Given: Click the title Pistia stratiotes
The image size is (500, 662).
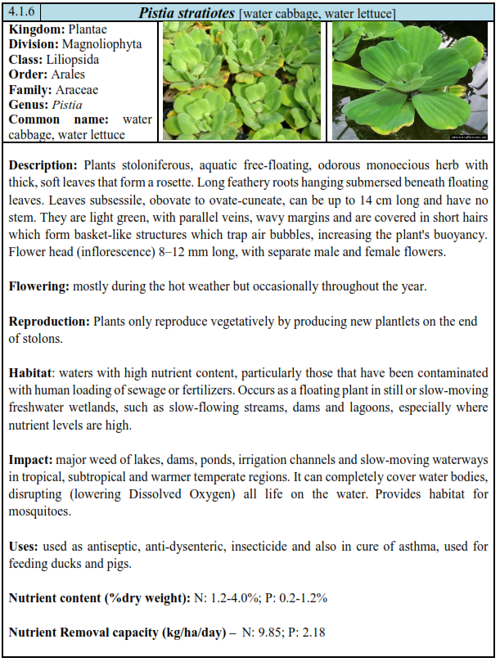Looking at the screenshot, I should (187, 13).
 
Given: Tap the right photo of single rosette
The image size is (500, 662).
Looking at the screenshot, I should (410, 81).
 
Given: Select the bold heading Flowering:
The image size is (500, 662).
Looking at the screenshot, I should (38, 286).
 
